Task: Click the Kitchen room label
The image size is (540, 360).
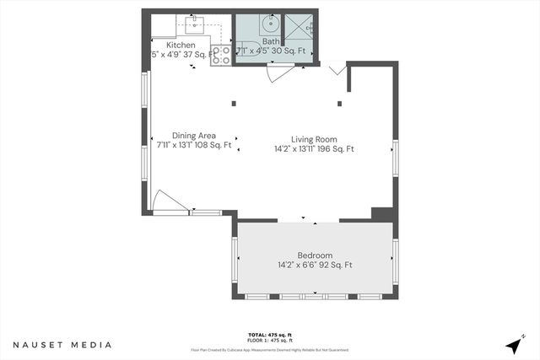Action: [x=181, y=45]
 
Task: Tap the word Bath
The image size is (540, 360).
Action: [x=270, y=40]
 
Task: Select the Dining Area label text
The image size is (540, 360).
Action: [x=194, y=136]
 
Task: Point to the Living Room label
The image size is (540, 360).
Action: [x=314, y=139]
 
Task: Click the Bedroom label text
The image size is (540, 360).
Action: [x=315, y=255]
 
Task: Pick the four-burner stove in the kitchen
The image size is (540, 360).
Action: [x=221, y=55]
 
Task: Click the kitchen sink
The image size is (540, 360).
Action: [x=194, y=23]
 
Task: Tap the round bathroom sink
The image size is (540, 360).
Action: [x=272, y=23]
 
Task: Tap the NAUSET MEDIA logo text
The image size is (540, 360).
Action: [x=62, y=345]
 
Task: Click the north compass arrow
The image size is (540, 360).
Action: [x=514, y=345]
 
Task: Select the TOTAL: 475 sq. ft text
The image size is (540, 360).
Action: [x=269, y=333]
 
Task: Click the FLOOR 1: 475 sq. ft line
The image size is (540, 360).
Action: [x=269, y=340]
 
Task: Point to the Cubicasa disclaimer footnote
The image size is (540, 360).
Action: [x=269, y=349]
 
